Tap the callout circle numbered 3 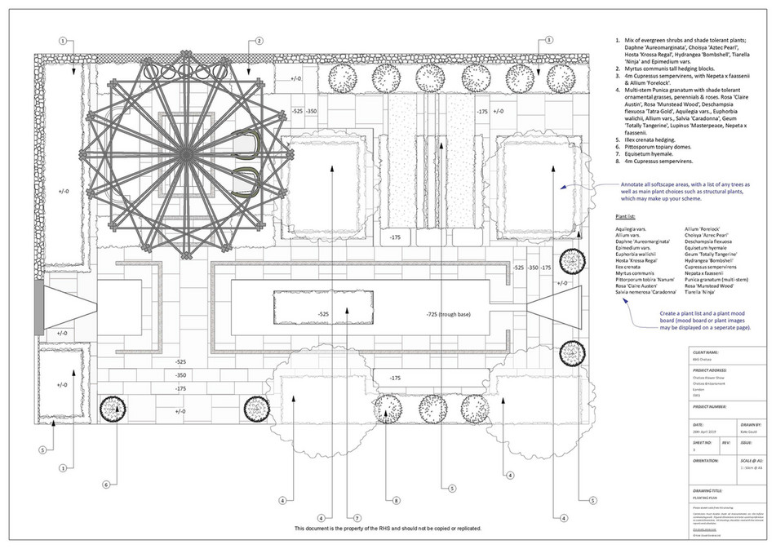(549, 41)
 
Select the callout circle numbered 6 (105, 484)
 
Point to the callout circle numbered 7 (357, 517)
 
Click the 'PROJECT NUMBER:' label (710, 405)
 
